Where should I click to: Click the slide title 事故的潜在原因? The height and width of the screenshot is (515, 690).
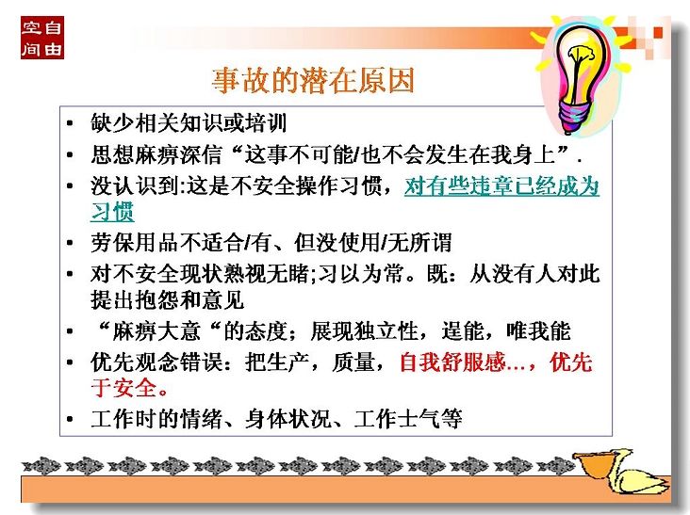[x=313, y=81]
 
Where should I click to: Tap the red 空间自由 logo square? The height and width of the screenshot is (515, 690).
[x=42, y=38]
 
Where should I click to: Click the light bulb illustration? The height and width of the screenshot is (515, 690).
[x=580, y=74]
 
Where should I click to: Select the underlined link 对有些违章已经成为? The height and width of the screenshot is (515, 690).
[x=501, y=185]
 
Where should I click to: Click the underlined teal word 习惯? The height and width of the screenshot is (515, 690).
[x=112, y=212]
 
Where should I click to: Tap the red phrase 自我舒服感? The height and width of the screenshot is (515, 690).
[x=452, y=362]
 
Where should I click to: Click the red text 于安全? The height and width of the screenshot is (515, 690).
[x=123, y=388]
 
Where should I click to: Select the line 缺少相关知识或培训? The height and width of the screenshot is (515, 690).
[x=189, y=123]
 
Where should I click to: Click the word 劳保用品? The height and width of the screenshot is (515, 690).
[x=134, y=243]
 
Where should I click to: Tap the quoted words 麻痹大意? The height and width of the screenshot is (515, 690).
[x=156, y=331]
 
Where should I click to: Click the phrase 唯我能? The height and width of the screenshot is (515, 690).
[x=538, y=331]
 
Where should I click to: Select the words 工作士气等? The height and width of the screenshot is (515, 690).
[x=408, y=419]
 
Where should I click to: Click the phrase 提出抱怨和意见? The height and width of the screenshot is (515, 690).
[x=167, y=300]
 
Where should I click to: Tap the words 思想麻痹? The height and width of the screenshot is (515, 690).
[x=134, y=154]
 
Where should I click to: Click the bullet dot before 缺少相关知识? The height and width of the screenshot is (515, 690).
[x=70, y=123]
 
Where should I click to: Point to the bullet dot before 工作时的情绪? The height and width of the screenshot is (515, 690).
[x=70, y=419]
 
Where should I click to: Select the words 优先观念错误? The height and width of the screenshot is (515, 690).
[x=156, y=362]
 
